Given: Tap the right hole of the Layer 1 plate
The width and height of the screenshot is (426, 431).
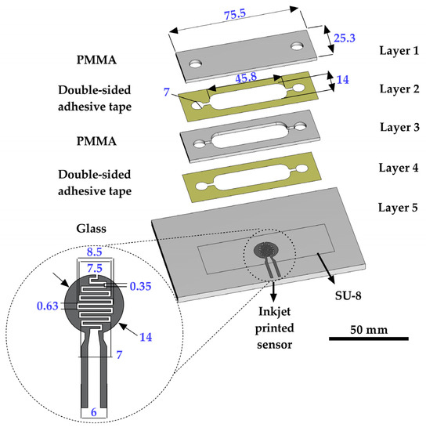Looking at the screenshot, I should tap(298, 47).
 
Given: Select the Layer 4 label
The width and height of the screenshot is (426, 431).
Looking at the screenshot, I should tap(386, 167).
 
